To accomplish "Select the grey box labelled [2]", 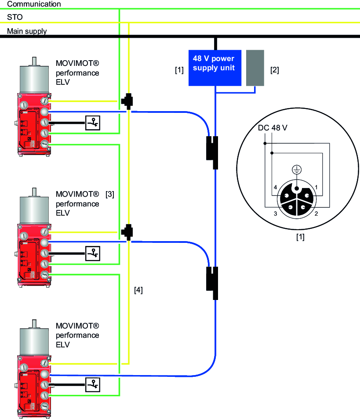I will tap(255, 68).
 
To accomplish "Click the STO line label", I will tap(15, 18).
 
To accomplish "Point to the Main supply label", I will tap(27, 32).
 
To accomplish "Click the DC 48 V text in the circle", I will tap(273, 129).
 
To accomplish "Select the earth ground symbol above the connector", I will tap(297, 170).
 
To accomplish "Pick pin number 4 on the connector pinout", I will tap(275, 188).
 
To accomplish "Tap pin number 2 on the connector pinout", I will tap(316, 213).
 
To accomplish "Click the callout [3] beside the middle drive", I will tap(110, 194).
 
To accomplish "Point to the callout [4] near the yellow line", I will tap(138, 290).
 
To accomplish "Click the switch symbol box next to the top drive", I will tap(93, 123).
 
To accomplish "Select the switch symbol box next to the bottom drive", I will tap(93, 384).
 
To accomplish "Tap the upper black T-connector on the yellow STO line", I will tap(128, 101).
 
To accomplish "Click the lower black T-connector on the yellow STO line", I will tap(128, 231).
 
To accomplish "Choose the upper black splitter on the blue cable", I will tap(213, 152).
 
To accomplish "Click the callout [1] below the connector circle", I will tap(300, 238).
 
